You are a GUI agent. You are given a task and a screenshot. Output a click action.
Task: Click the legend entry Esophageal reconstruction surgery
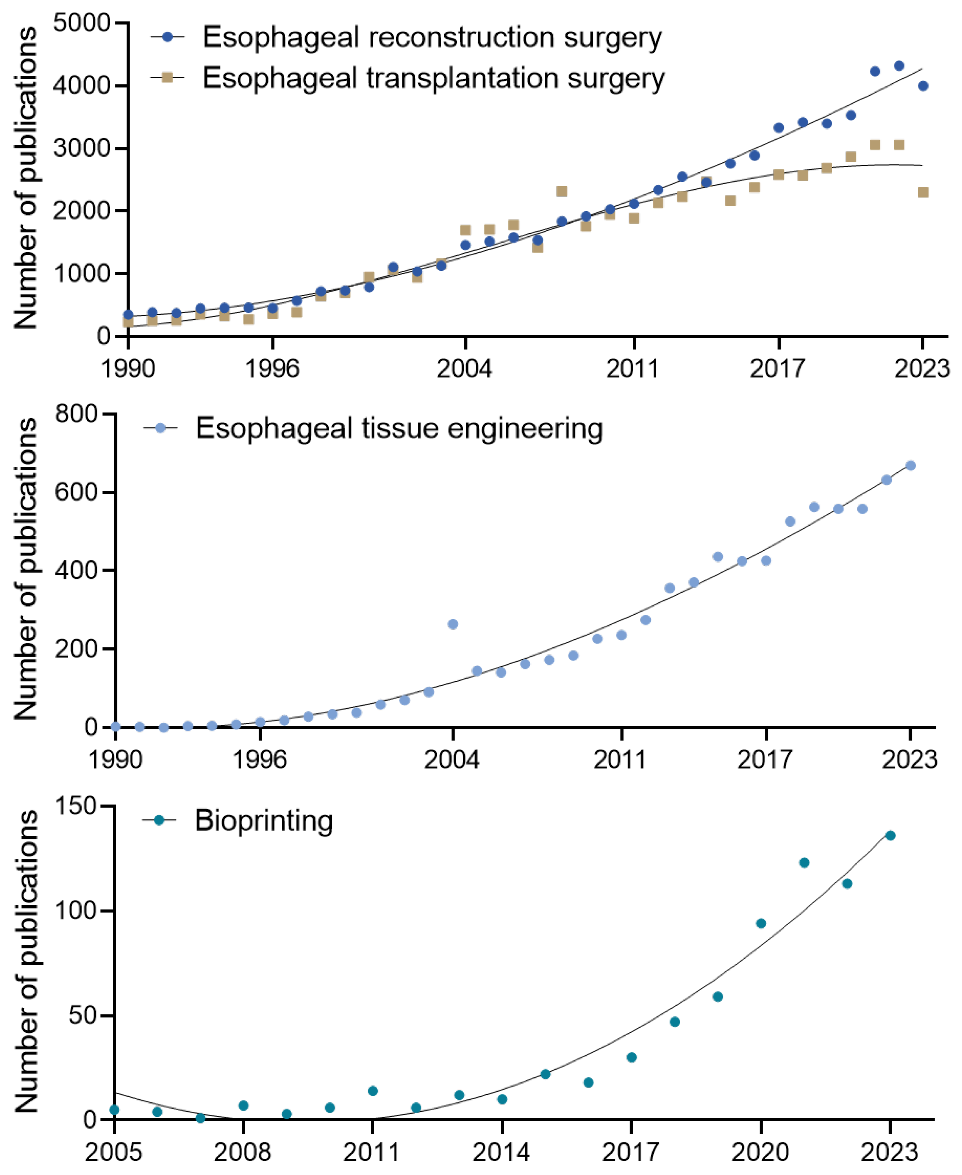click(432, 38)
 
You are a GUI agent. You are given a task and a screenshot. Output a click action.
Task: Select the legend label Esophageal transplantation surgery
click(433, 78)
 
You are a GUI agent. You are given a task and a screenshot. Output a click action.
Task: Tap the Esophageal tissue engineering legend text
click(399, 428)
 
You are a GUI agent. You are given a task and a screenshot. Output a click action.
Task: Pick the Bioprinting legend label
click(264, 821)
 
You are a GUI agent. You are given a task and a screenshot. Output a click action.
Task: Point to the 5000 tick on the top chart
click(82, 23)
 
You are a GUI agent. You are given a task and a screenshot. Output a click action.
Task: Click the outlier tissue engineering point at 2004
click(453, 625)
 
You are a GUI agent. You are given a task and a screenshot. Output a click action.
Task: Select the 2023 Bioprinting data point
click(890, 836)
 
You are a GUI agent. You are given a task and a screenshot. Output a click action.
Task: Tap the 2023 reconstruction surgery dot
click(923, 86)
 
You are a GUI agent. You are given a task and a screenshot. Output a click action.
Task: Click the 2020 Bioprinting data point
click(761, 923)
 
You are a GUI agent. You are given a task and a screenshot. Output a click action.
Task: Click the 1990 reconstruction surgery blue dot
click(128, 315)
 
